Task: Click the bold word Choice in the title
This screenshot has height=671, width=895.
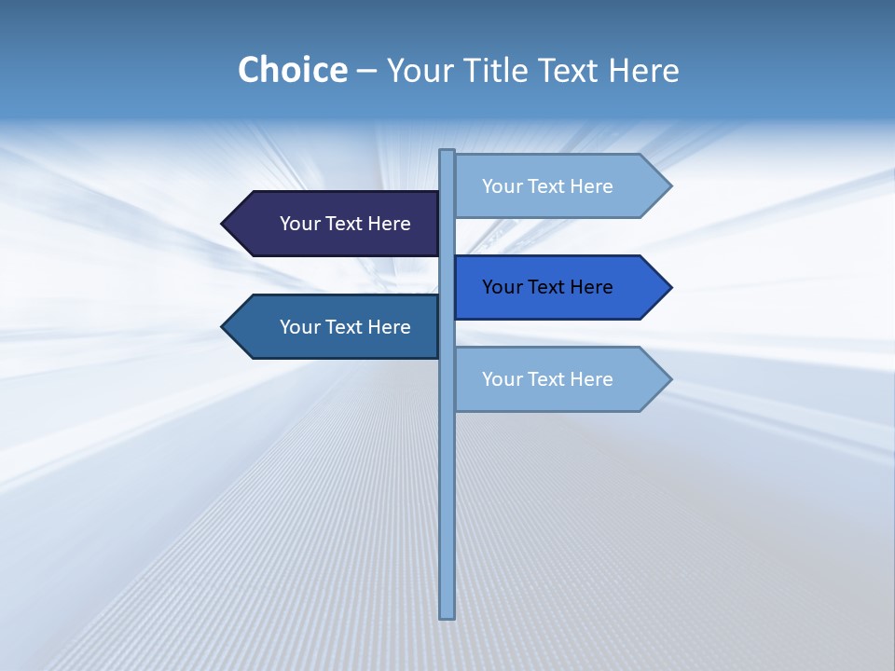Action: (x=292, y=70)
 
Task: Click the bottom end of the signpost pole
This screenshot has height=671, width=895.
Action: (x=447, y=614)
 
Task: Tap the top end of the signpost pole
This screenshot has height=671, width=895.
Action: (x=447, y=153)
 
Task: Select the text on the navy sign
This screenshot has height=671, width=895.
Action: (x=345, y=224)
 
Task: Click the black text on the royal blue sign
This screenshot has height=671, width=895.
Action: (x=547, y=287)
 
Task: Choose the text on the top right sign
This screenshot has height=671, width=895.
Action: (x=547, y=186)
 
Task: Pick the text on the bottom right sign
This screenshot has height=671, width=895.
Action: (x=547, y=379)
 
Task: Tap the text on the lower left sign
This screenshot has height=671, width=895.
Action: (x=345, y=327)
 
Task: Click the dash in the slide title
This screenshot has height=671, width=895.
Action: (x=366, y=72)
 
